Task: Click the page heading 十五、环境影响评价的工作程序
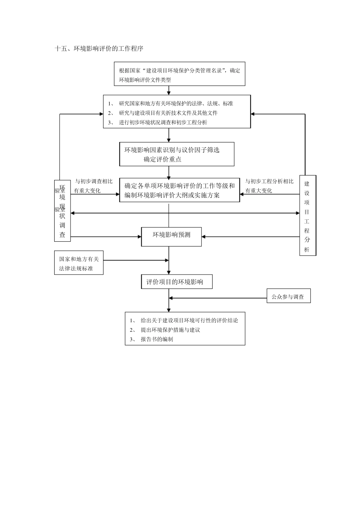[x=99, y=48]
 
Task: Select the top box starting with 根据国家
[x=179, y=74]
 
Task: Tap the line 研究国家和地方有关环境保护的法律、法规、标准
[x=176, y=103]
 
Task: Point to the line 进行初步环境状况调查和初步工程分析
[x=163, y=122]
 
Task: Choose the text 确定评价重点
[x=162, y=159]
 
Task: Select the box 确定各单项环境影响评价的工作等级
[x=180, y=190]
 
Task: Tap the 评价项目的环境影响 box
[x=177, y=282]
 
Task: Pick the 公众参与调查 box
[x=288, y=297]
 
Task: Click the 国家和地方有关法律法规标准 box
[x=79, y=264]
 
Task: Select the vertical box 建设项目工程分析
[x=307, y=215]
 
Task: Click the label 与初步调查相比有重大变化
[x=93, y=186]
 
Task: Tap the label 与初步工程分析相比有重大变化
[x=269, y=186]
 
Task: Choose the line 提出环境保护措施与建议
[x=170, y=330]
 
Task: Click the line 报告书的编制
[x=157, y=339]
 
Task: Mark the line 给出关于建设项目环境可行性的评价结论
[x=189, y=320]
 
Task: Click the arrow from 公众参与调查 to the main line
[x=218, y=298]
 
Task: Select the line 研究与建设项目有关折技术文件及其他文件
[x=168, y=113]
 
